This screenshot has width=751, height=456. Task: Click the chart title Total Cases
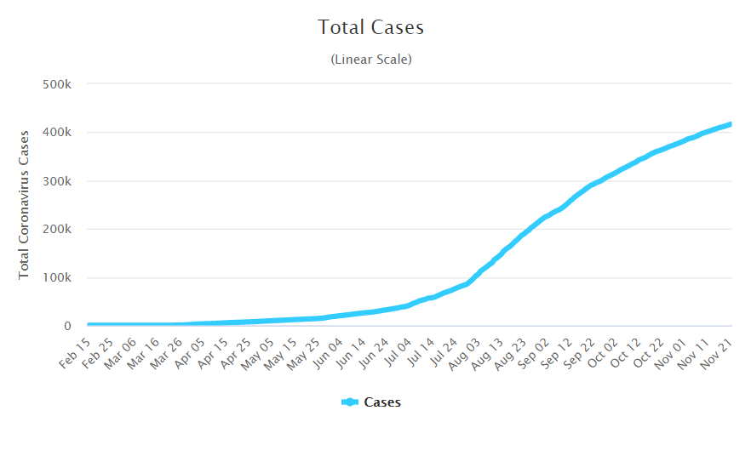point(371,27)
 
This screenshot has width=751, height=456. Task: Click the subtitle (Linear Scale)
point(371,60)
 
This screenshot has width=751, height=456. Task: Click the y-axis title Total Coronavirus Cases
point(24,204)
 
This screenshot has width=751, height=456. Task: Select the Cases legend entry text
point(382,402)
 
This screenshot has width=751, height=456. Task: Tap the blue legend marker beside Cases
point(350,402)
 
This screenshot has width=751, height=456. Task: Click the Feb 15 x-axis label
point(74,351)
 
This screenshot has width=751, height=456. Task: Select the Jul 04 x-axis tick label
point(395,351)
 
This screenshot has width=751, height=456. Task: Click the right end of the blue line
point(731,124)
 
